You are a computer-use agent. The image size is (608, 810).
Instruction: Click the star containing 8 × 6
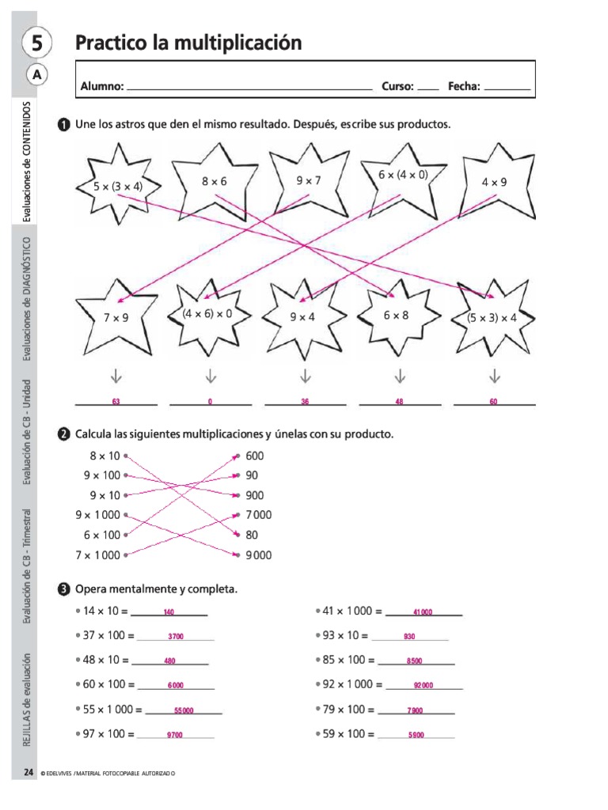click(x=214, y=181)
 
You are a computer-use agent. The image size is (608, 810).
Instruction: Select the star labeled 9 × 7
click(x=309, y=181)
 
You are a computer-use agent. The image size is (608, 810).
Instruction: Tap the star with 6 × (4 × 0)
click(x=402, y=178)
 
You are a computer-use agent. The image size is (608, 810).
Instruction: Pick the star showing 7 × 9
click(x=116, y=316)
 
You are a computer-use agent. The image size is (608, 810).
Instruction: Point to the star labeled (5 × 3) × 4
click(x=492, y=317)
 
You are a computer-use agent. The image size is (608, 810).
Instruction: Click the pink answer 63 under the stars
click(x=116, y=402)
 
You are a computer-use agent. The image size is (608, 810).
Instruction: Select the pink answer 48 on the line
click(x=400, y=402)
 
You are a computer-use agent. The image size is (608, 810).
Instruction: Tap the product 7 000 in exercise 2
click(x=259, y=515)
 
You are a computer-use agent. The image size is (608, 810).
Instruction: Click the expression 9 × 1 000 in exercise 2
click(x=97, y=515)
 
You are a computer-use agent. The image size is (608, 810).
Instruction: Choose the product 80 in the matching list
click(x=253, y=535)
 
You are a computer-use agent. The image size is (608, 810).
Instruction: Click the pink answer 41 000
click(x=423, y=612)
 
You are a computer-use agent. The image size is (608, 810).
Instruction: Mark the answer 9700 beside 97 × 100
click(x=175, y=736)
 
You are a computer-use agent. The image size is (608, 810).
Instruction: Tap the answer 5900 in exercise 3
click(x=416, y=736)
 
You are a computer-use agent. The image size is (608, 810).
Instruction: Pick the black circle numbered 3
click(x=63, y=589)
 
